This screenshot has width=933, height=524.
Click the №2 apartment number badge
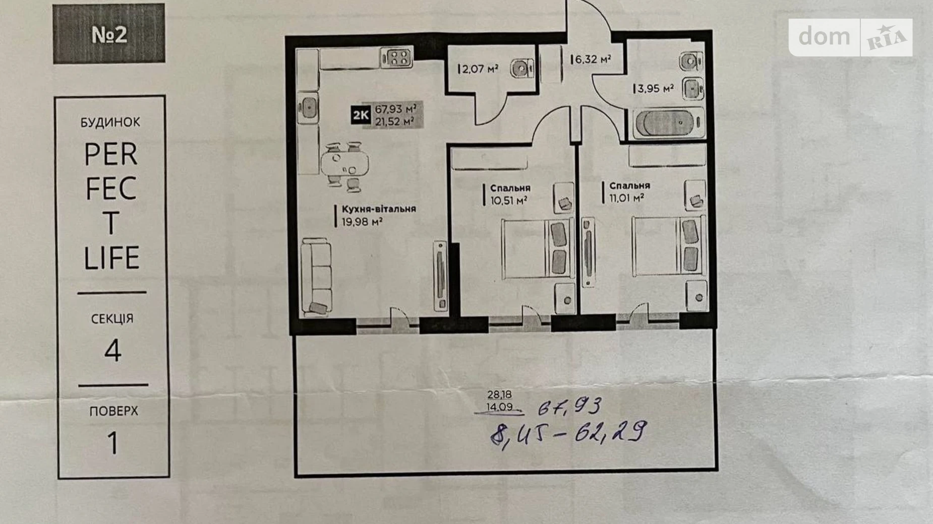[x=109, y=34]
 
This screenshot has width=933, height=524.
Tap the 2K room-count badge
[x=361, y=115]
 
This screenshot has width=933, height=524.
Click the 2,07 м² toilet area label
[x=480, y=69]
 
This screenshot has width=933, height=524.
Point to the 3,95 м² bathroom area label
[x=655, y=89]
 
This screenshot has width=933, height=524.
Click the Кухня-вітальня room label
[x=379, y=209]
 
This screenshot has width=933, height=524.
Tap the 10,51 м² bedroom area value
[x=509, y=201]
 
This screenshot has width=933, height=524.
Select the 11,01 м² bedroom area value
[x=626, y=198]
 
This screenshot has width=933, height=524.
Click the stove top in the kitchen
[x=397, y=57]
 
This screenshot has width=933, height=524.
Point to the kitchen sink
[x=307, y=107]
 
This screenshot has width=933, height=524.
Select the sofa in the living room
[x=316, y=278]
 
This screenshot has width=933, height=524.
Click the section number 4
[x=113, y=351]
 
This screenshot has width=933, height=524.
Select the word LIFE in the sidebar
[x=111, y=258]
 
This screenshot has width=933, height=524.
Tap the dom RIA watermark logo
[x=850, y=37]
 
